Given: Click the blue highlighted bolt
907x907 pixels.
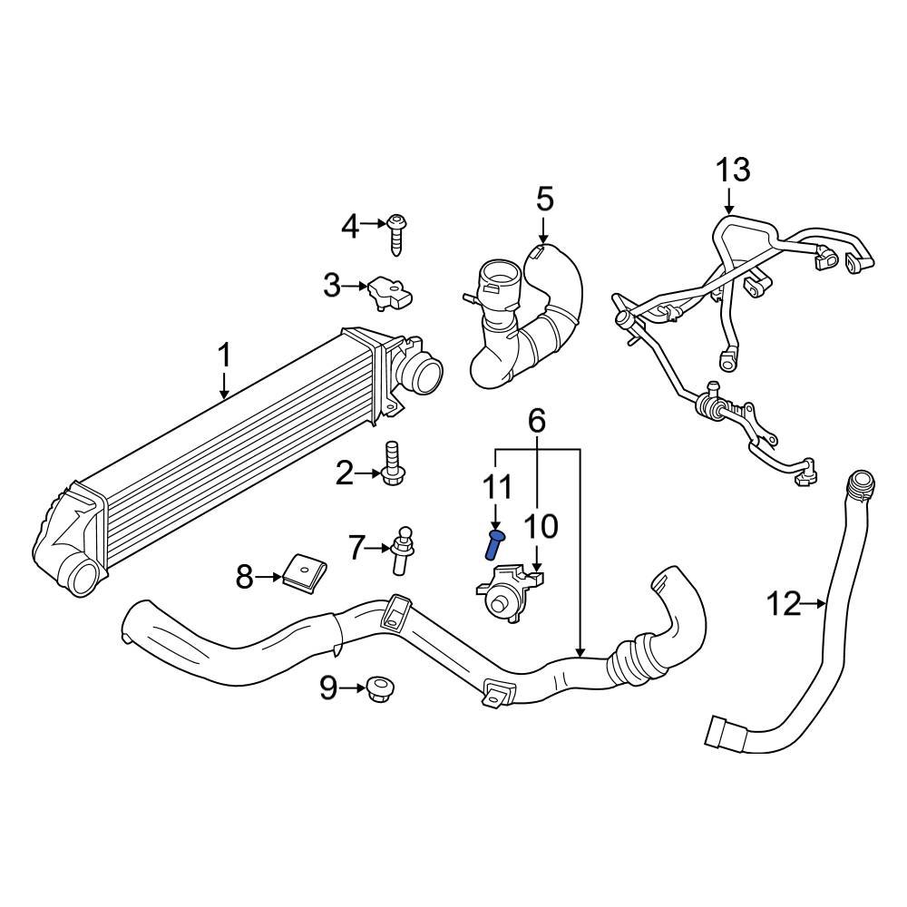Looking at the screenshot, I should coord(494,546).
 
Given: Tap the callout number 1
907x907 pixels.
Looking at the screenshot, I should coord(224,356).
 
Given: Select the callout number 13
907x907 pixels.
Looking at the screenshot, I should coord(733,170).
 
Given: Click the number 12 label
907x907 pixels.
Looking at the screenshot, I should coord(785,602).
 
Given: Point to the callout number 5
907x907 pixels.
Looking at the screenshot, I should coord(544,199).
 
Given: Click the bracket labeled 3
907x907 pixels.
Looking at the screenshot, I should coord(388,290).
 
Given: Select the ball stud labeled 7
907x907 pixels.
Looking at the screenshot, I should coord(401,550).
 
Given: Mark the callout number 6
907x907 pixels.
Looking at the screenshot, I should coord(537,420).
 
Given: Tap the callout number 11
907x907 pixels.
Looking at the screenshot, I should coord(495,486).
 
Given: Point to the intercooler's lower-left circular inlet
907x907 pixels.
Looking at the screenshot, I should coord(83,577).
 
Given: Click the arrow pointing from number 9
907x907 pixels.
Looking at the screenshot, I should coord(350,689).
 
